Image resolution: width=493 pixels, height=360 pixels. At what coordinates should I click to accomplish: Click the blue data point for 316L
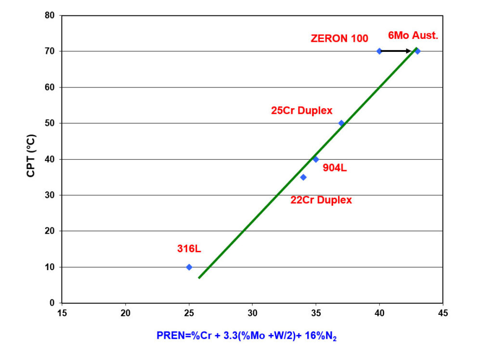[189, 267]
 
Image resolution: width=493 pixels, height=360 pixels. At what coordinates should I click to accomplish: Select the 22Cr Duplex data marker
[303, 177]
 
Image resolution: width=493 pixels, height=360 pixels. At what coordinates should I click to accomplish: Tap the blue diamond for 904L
[316, 159]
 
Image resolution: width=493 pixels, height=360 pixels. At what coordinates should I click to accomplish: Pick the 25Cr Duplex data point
[341, 123]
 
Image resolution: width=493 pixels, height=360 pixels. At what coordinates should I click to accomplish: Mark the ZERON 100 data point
[379, 51]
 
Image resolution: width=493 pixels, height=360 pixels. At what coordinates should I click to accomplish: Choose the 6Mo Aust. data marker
[417, 51]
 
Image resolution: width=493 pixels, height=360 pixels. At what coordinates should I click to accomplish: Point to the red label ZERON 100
[339, 38]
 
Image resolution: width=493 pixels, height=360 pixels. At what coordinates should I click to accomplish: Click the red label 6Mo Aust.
[413, 36]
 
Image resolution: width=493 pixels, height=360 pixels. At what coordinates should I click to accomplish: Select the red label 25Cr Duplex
[302, 111]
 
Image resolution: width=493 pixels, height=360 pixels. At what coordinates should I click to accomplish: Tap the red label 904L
[335, 168]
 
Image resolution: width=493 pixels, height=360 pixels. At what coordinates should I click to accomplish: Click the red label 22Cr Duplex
[321, 200]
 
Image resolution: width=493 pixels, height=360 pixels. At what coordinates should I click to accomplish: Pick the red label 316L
[189, 249]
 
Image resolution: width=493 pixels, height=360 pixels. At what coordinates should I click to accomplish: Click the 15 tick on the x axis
[62, 313]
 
